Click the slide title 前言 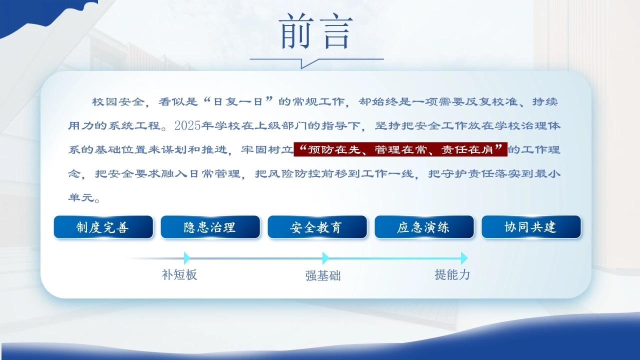click(x=316, y=31)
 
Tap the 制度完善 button click(x=103, y=227)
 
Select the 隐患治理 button click(x=210, y=227)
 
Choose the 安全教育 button click(x=317, y=227)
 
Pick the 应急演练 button click(x=424, y=227)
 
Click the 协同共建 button click(x=531, y=227)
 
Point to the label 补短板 click(x=179, y=275)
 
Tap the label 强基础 click(x=323, y=275)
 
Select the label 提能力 click(x=452, y=275)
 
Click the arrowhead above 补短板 click(x=187, y=258)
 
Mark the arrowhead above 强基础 click(x=325, y=258)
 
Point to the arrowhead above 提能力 click(x=464, y=258)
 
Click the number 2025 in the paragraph click(x=187, y=125)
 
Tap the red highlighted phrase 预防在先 click(x=334, y=149)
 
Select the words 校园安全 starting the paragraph click(x=118, y=101)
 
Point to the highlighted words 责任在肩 click(x=467, y=149)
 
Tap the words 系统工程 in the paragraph click(x=134, y=125)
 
